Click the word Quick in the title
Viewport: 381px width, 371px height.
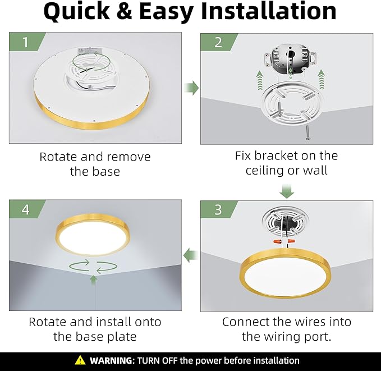click(x=82, y=12)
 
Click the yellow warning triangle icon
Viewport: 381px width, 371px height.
click(x=81, y=360)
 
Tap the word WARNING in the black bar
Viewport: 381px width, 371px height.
click(x=111, y=360)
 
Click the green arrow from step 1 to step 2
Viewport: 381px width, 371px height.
click(x=192, y=88)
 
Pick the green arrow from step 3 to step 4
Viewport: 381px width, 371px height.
click(x=192, y=255)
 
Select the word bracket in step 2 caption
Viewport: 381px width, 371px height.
click(x=284, y=155)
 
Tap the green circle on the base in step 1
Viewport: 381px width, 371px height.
click(x=89, y=59)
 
